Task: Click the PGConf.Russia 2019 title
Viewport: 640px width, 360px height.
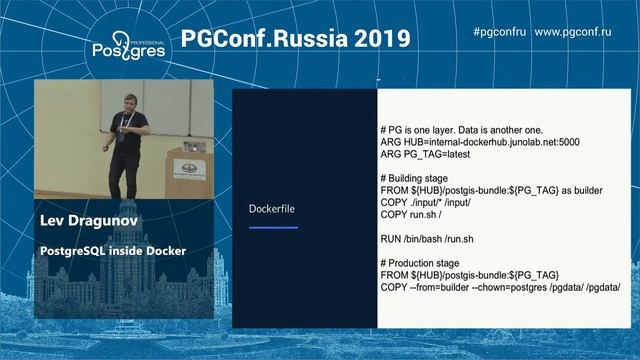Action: click(296, 39)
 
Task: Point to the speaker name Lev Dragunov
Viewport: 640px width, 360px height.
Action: click(88, 220)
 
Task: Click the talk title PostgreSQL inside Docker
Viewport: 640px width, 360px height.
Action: click(112, 249)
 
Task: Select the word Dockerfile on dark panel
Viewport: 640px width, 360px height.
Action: click(273, 208)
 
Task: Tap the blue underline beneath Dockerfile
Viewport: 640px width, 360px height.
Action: click(273, 228)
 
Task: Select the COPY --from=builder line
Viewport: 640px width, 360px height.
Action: click(500, 286)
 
